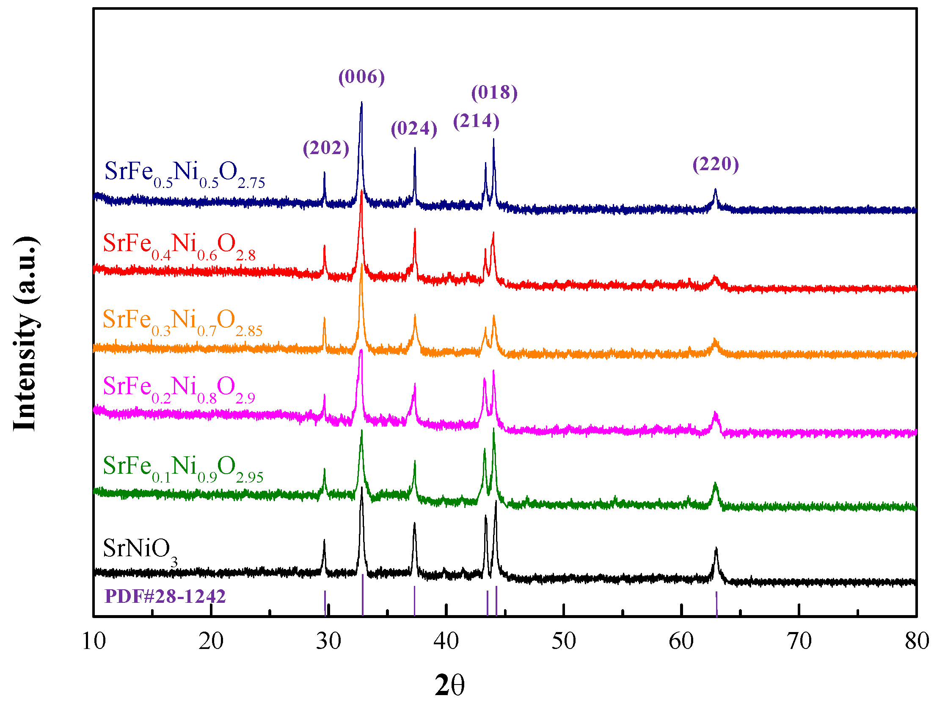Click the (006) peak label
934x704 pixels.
pos(361,77)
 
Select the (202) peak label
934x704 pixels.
pos(326,148)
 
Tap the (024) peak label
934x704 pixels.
pos(414,129)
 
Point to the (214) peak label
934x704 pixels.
pos(476,121)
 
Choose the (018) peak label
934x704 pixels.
pos(494,93)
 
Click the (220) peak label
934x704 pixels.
pos(716,164)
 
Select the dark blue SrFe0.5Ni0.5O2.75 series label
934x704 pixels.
pos(185,174)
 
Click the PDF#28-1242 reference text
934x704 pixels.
pos(165,596)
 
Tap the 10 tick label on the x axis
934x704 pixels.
pos(94,641)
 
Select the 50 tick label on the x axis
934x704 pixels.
pos(564,641)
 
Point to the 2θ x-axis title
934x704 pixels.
pos(449,685)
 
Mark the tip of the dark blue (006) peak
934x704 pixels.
pos(361,102)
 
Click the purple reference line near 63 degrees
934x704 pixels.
pos(716,604)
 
